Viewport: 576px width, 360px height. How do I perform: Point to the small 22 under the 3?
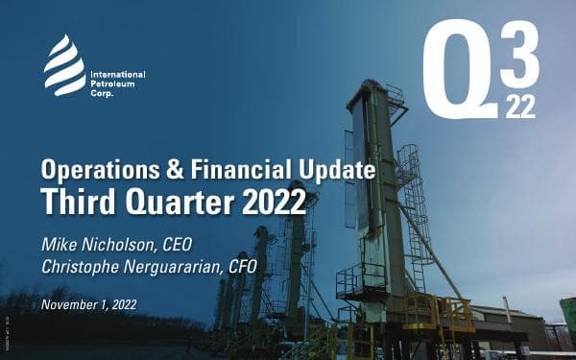tap(521, 107)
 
